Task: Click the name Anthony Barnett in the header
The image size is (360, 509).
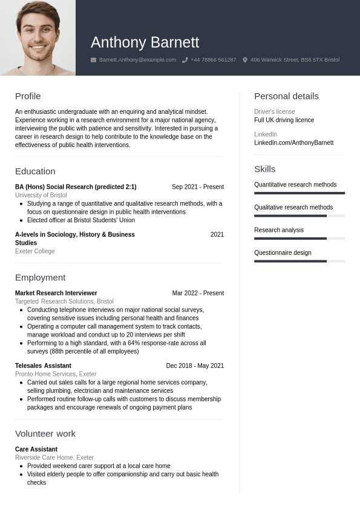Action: (x=145, y=42)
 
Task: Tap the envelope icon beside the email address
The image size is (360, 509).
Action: (x=93, y=60)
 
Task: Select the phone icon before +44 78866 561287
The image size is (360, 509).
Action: (x=185, y=60)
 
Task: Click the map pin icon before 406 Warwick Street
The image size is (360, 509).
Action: (x=245, y=60)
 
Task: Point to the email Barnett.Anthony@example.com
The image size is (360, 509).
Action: (x=137, y=60)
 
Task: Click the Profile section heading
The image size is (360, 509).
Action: (x=28, y=96)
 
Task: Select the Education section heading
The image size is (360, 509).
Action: (x=35, y=171)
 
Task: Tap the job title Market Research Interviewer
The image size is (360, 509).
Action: (x=56, y=293)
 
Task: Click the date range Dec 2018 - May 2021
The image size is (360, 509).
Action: (x=195, y=366)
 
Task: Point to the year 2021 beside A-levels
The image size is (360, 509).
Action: (x=217, y=234)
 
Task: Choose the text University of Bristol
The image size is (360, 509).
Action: (x=41, y=195)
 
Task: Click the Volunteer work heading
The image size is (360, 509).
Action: (x=45, y=433)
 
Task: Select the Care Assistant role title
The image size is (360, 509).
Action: (x=36, y=449)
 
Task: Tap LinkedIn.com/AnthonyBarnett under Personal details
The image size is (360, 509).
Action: (x=293, y=143)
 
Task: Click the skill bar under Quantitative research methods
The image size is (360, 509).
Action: (x=299, y=193)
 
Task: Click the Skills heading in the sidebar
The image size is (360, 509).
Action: (x=264, y=169)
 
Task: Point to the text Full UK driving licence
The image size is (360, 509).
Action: (x=284, y=120)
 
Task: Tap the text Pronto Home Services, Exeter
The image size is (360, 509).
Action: (x=56, y=374)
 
